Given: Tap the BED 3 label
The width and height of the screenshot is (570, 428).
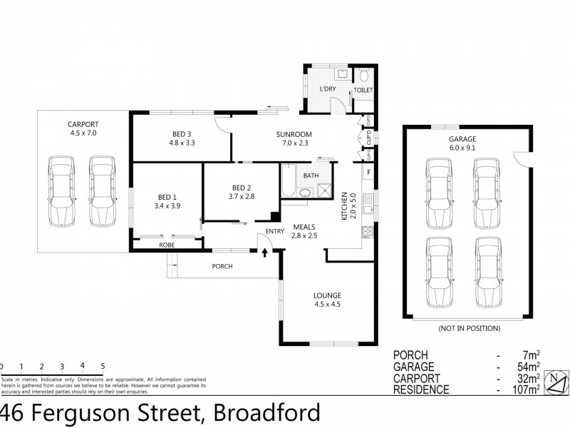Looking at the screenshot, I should click(181, 133).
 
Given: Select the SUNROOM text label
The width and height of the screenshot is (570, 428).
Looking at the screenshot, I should click(294, 133).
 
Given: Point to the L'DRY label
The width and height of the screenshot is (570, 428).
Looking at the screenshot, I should click(327, 89).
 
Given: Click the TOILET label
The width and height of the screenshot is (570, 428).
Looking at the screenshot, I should click(363, 91).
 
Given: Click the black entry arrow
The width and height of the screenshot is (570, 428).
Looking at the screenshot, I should click(265, 252).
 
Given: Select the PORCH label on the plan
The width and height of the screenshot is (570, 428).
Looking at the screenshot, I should click(222, 267).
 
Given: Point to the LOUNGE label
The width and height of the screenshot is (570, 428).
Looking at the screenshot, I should click(327, 295).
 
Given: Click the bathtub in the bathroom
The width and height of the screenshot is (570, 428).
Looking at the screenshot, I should click(288, 181).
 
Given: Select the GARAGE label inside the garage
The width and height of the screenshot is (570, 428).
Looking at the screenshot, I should click(462, 139).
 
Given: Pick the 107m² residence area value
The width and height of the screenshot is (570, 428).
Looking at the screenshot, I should click(526, 390).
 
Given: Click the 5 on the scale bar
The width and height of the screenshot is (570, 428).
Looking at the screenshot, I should click(103, 366).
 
